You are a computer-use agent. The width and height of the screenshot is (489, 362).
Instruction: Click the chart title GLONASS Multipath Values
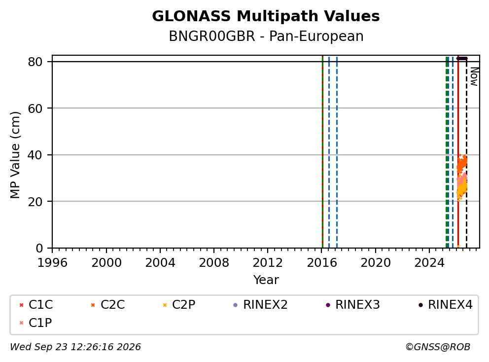coord(266,16)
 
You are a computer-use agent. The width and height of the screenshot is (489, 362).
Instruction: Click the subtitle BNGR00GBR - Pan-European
coord(266,36)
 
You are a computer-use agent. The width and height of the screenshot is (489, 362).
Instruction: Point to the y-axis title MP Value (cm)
coord(15,155)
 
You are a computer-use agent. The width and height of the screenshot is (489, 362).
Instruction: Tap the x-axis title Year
coord(266,280)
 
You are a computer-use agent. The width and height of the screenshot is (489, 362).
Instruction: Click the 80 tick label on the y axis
coord(35,62)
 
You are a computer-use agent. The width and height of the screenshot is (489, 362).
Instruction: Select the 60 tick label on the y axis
coord(35,109)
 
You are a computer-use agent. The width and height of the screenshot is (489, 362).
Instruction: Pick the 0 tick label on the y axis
coord(39,248)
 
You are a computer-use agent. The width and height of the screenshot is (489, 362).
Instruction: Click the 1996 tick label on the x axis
coord(52,263)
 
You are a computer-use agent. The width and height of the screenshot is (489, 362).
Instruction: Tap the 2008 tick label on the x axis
coord(214,263)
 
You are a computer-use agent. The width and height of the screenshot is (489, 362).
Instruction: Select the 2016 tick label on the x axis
coord(322,263)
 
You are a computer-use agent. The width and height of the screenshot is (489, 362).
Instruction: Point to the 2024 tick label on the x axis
coord(429,263)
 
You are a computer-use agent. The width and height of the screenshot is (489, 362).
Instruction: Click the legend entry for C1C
coord(36,305)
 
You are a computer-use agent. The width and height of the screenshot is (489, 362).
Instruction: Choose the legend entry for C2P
coord(179,305)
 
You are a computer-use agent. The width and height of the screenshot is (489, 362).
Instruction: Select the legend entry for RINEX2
coord(260,305)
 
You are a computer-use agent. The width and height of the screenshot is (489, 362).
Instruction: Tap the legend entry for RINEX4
coord(445,305)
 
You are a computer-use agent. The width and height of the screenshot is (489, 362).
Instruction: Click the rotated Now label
coord(474,77)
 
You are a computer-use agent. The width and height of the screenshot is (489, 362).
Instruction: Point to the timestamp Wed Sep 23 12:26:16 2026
coord(75,347)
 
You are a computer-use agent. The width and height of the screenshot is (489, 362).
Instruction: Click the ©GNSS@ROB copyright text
coord(438,347)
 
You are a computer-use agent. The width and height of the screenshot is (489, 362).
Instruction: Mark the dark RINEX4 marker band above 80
coord(462,58)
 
